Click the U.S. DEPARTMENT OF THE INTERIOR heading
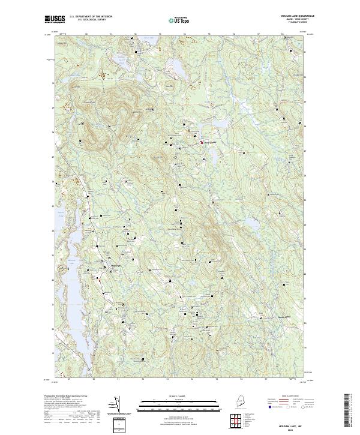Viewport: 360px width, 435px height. click(x=91, y=16)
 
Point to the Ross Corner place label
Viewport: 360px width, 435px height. click(x=208, y=142)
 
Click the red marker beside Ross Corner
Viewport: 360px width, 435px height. click(x=201, y=142)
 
